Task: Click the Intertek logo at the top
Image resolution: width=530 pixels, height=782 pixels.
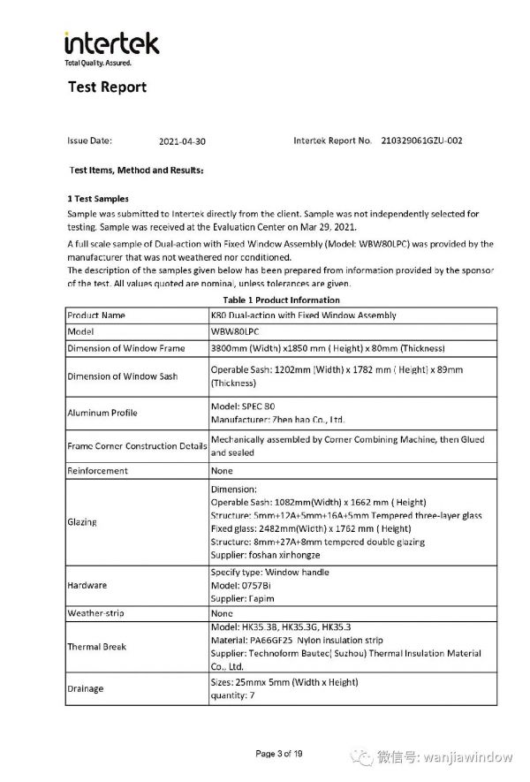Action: click(111, 46)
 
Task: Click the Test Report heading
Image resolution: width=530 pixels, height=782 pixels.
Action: click(107, 87)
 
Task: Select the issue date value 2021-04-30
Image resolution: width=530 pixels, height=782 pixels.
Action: click(182, 141)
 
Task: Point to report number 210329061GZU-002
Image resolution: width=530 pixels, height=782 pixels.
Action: click(421, 140)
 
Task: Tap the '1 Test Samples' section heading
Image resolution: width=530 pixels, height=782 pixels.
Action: click(98, 199)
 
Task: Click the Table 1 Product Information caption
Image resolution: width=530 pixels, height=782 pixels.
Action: click(281, 300)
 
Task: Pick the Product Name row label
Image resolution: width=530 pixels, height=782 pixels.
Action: click(96, 315)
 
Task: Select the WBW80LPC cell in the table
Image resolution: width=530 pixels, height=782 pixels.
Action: click(233, 331)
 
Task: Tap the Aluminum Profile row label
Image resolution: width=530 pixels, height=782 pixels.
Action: click(102, 413)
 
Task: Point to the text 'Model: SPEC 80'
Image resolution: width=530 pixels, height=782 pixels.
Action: click(242, 406)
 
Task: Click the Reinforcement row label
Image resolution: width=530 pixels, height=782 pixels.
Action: click(98, 471)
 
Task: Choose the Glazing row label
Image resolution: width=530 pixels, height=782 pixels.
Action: click(82, 522)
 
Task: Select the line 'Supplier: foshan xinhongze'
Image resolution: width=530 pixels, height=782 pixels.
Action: click(265, 555)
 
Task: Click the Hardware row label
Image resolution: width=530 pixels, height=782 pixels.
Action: click(87, 585)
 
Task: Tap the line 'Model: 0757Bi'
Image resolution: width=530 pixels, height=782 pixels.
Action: click(239, 585)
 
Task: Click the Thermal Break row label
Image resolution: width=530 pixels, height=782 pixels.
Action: click(97, 647)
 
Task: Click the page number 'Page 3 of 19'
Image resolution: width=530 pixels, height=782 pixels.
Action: click(279, 754)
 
